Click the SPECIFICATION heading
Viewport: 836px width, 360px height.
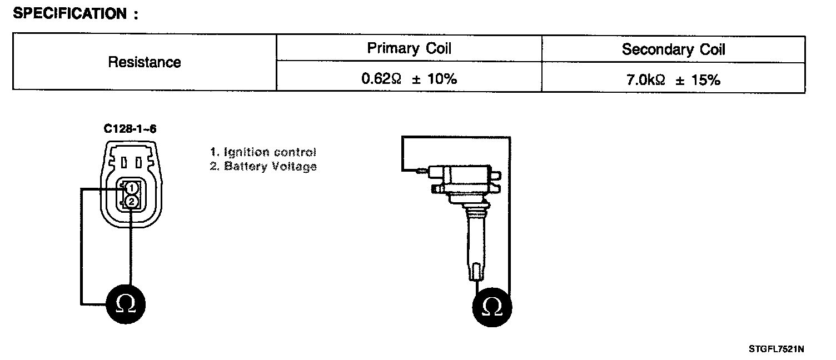pyautogui.click(x=75, y=14)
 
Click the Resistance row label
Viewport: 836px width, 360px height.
pyautogui.click(x=144, y=62)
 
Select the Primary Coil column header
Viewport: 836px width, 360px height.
pyautogui.click(x=409, y=48)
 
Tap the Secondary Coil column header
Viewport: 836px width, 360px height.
pyautogui.click(x=673, y=49)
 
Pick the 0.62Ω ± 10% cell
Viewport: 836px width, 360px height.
pyautogui.click(x=409, y=79)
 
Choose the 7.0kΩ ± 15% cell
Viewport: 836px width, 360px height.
pyautogui.click(x=673, y=79)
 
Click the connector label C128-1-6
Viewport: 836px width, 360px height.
pyautogui.click(x=130, y=129)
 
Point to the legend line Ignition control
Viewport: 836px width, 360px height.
pyautogui.click(x=263, y=152)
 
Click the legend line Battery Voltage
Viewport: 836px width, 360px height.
pyautogui.click(x=263, y=166)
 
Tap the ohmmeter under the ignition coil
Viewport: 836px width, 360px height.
pyautogui.click(x=492, y=307)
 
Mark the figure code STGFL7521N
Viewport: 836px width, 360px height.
pyautogui.click(x=776, y=349)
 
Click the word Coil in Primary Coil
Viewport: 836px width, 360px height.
pyautogui.click(x=439, y=48)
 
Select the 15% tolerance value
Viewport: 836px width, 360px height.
pyautogui.click(x=706, y=79)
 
